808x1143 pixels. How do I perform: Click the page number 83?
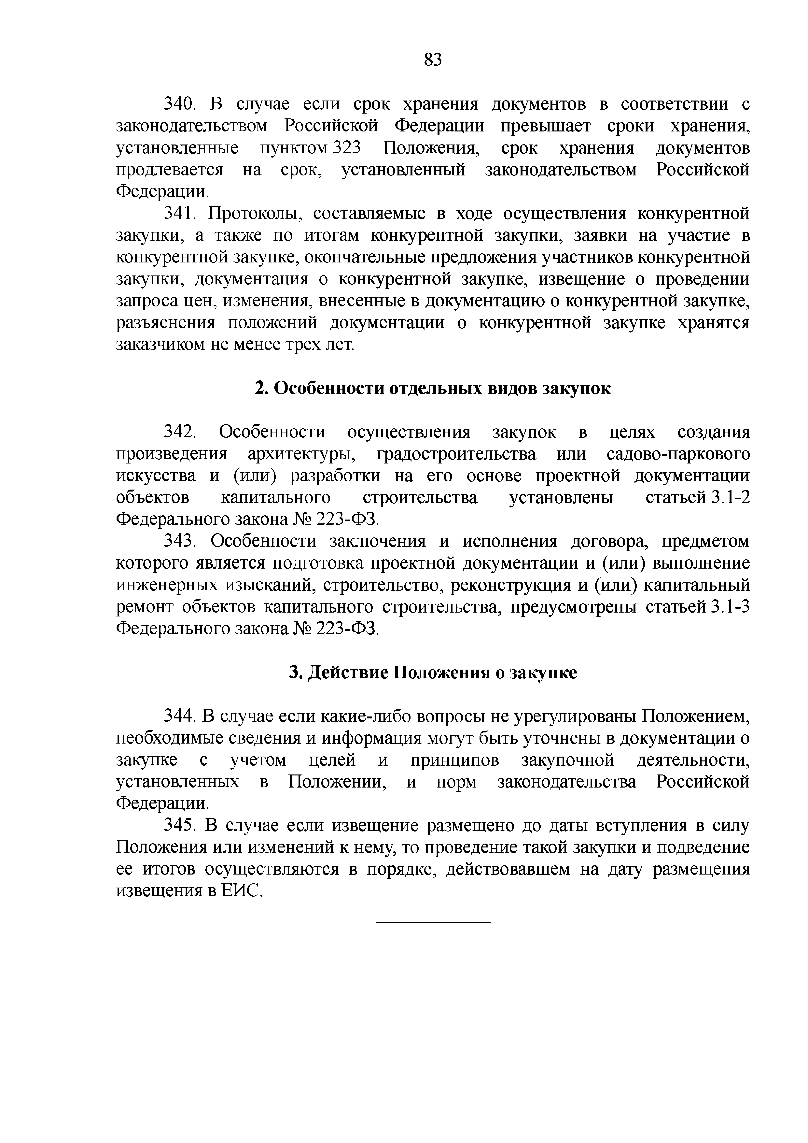(x=433, y=60)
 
